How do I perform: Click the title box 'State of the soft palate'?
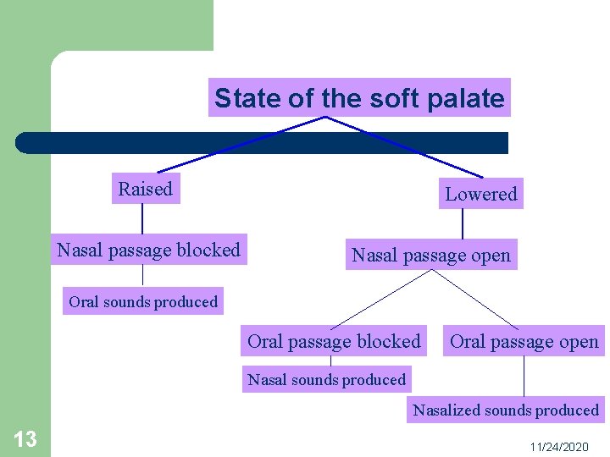pyautogui.click(x=359, y=98)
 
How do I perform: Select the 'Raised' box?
pyautogui.click(x=145, y=189)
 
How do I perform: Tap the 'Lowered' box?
pyautogui.click(x=480, y=194)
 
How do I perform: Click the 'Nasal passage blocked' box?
pyautogui.click(x=148, y=250)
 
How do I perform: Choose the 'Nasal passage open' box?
pyautogui.click(x=431, y=255)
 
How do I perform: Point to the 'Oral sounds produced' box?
pyautogui.click(x=143, y=301)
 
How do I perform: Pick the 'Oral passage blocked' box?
pyautogui.click(x=334, y=341)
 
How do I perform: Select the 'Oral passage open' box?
pyautogui.click(x=524, y=341)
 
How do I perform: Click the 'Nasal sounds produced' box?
pyautogui.click(x=326, y=379)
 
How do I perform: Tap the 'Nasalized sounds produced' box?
pyautogui.click(x=506, y=410)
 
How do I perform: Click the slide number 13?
pyautogui.click(x=25, y=438)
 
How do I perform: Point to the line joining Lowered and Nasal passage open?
pyautogui.click(x=463, y=225)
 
